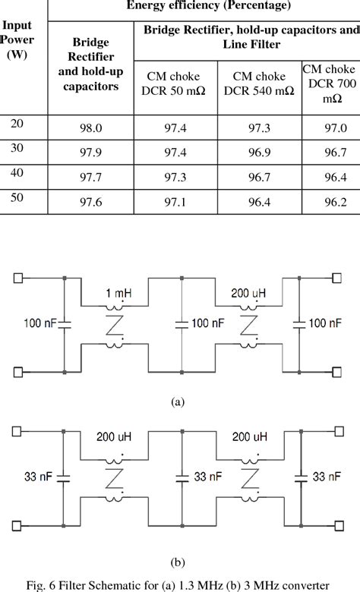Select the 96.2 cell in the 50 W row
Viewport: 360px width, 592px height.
click(330, 203)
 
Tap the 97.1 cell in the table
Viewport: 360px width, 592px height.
click(175, 203)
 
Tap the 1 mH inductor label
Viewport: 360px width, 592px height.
click(114, 293)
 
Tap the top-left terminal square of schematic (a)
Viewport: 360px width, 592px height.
click(16, 278)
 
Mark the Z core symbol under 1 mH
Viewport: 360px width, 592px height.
click(114, 326)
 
